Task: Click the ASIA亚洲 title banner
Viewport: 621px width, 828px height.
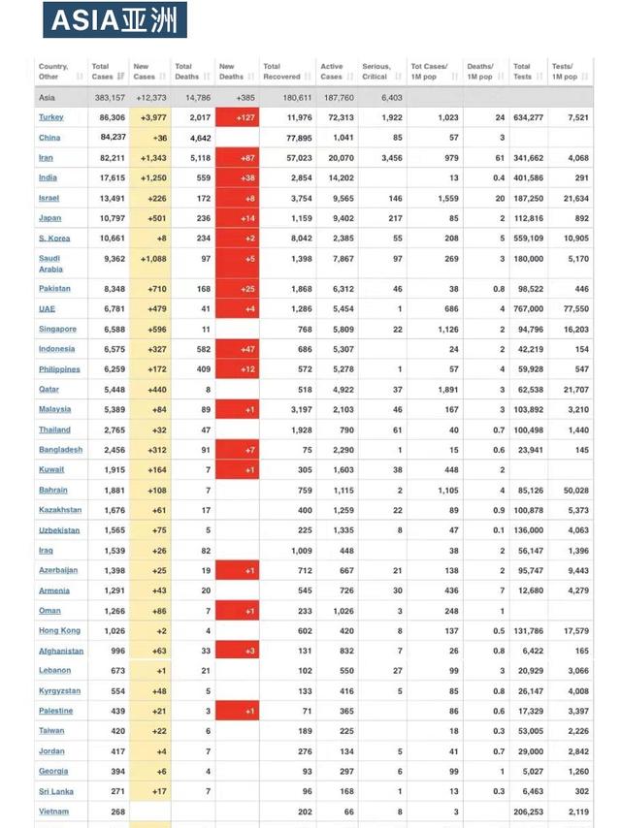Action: [x=115, y=20]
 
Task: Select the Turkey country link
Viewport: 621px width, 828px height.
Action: [x=51, y=117]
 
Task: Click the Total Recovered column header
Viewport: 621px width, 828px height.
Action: [x=279, y=71]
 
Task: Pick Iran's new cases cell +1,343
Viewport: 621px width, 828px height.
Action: [x=151, y=157]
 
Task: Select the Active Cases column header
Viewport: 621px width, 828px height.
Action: [x=332, y=71]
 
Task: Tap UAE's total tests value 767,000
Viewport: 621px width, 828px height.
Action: [x=528, y=308]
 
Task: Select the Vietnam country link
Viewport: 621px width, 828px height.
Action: [x=53, y=812]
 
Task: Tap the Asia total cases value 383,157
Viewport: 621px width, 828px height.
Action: [x=110, y=98]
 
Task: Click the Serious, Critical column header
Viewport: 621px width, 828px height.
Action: [x=376, y=71]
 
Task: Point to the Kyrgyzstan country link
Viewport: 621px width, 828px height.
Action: [x=59, y=690]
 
